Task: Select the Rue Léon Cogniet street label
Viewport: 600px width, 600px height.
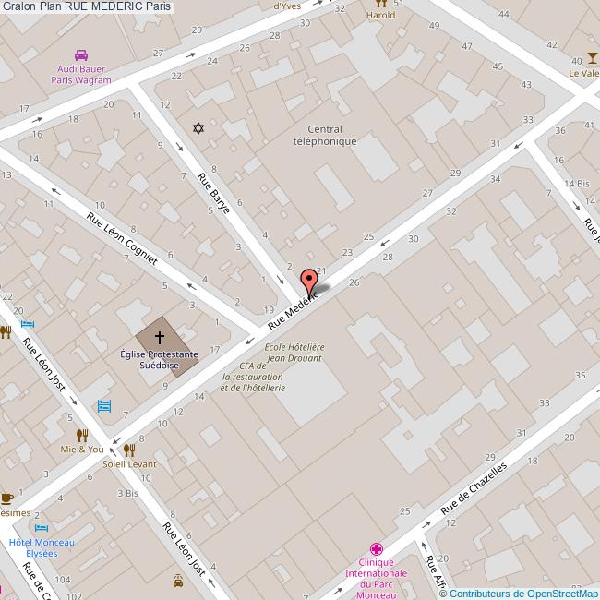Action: click(122, 239)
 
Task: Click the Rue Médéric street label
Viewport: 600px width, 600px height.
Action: click(294, 308)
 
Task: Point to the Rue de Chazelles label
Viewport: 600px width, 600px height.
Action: click(474, 489)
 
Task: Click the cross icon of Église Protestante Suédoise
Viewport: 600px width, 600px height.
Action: click(159, 338)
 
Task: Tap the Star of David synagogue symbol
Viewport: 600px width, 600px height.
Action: click(196, 128)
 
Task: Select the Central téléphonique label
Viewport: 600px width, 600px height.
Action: click(318, 136)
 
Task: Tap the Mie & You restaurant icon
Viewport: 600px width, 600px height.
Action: click(82, 435)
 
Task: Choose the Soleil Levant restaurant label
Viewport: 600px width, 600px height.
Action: click(129, 464)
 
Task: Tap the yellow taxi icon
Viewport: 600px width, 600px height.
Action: click(177, 581)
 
